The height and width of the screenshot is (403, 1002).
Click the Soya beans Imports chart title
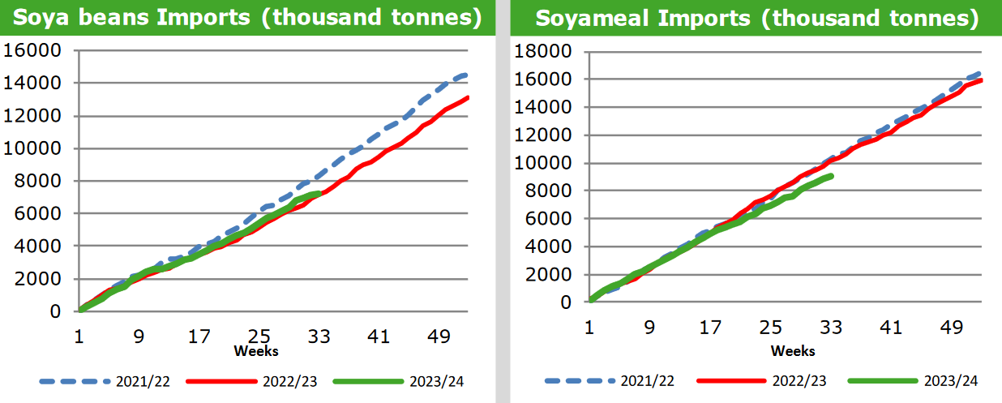(x=246, y=17)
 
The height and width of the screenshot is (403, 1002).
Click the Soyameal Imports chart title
(x=756, y=17)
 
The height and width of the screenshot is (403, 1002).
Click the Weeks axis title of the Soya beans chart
(x=256, y=351)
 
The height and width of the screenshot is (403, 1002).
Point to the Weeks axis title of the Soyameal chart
(x=793, y=351)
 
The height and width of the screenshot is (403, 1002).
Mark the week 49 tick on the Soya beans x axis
(x=439, y=335)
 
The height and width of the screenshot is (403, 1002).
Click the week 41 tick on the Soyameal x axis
(x=890, y=327)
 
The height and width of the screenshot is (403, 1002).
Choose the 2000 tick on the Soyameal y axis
(x=550, y=274)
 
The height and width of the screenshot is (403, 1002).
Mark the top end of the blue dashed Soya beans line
(x=465, y=75)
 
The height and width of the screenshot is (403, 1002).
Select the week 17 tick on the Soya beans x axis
(x=199, y=335)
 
